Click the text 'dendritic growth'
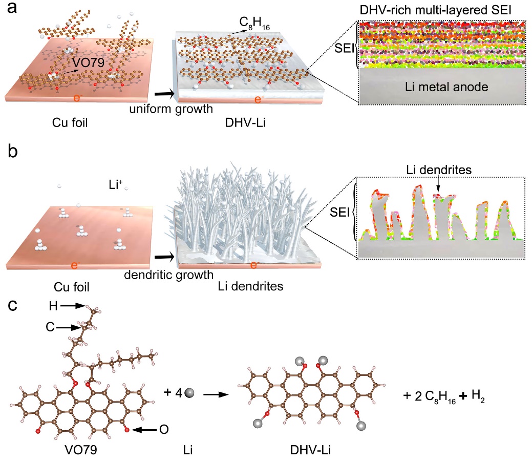coord(168,275)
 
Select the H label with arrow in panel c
coord(53,306)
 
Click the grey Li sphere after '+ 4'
coord(190,393)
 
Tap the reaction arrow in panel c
coord(215,395)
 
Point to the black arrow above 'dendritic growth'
coord(164,256)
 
